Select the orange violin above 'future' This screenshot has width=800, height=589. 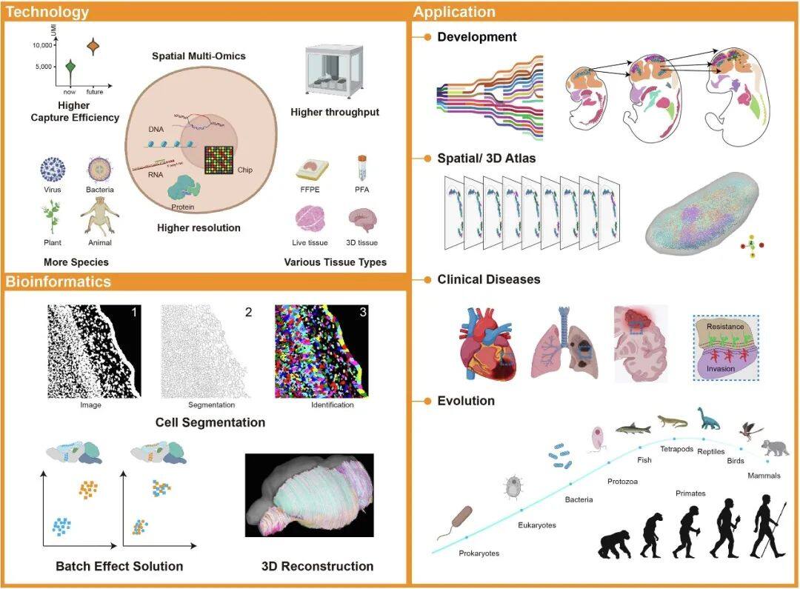(x=93, y=47)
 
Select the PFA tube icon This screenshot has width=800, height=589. (x=362, y=167)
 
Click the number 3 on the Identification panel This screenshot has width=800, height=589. (x=362, y=313)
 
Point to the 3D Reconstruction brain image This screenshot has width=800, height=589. (x=310, y=495)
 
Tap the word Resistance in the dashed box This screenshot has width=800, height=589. (x=725, y=326)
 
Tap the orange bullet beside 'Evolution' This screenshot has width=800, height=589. (x=427, y=401)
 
